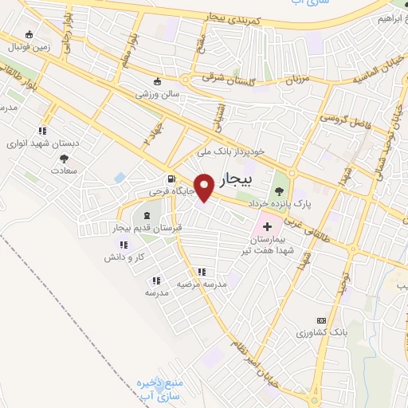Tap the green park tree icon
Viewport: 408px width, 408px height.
(279, 191)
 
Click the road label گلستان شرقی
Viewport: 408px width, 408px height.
(219, 80)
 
